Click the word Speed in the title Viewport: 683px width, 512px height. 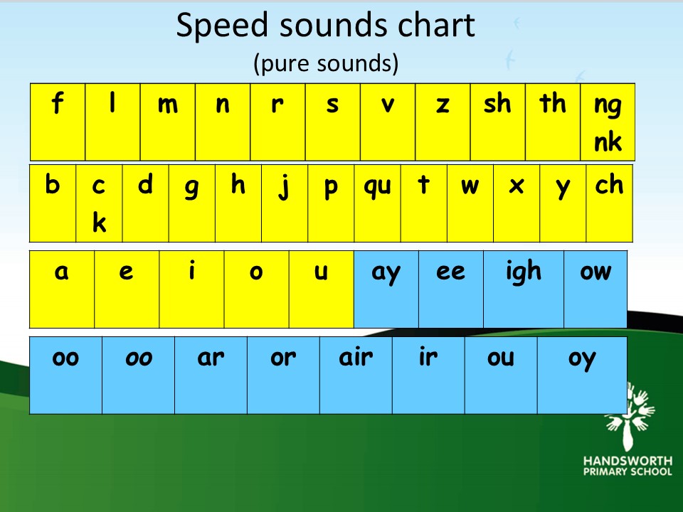[222, 26]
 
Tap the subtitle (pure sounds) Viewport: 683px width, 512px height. [326, 63]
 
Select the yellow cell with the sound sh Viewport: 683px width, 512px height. [497, 122]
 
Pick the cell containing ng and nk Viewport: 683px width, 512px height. [608, 122]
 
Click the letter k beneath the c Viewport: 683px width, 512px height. [100, 223]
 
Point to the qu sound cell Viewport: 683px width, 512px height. [377, 203]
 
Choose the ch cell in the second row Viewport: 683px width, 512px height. [610, 203]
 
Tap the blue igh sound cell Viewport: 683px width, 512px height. [524, 289]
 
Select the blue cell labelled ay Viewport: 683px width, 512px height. [386, 289]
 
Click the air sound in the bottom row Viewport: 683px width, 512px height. [356, 375]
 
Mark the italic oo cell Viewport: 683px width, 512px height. [139, 375]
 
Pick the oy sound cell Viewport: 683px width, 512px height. [583, 375]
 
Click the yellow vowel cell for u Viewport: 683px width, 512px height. [322, 289]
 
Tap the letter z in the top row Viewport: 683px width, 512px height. [443, 105]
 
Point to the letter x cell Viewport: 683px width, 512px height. [517, 203]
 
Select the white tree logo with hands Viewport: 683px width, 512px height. [629, 417]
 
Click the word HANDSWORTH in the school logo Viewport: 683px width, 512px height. [628, 461]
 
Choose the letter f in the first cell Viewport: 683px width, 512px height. [57, 103]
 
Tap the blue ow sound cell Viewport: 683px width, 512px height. [595, 289]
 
